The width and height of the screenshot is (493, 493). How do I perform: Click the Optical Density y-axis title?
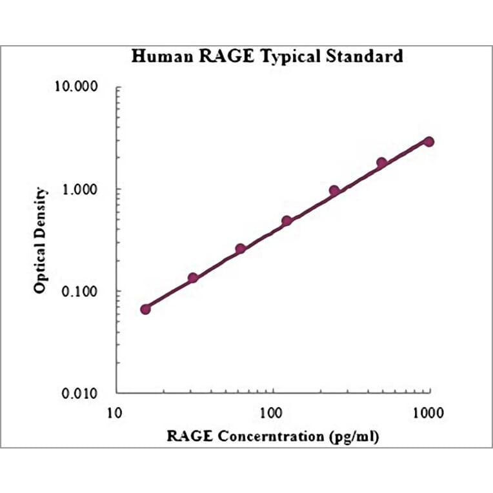[x=41, y=240]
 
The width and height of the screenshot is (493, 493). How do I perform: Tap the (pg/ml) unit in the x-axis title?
[x=354, y=436]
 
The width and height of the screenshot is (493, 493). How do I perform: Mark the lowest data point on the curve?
[x=145, y=309]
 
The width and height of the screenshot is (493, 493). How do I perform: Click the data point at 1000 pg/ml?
[x=428, y=141]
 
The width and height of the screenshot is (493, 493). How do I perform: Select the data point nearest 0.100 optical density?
[x=192, y=278]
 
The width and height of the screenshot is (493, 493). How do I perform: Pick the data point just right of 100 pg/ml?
[x=287, y=221]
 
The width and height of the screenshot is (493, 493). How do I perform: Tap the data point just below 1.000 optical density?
[x=334, y=190]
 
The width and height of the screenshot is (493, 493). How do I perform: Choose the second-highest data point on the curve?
[x=381, y=163]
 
